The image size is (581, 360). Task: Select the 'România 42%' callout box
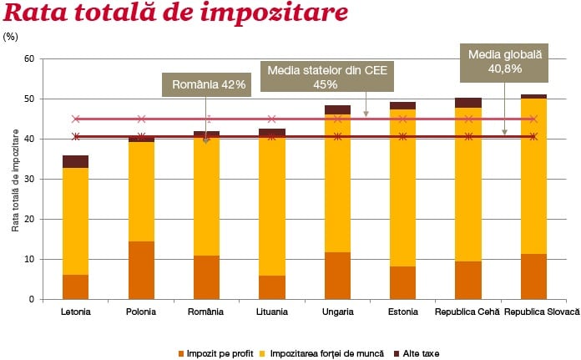click(205, 84)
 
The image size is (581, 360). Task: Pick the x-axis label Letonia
click(76, 312)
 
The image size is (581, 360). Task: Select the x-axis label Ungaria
click(337, 312)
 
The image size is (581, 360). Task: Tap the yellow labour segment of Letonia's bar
click(76, 221)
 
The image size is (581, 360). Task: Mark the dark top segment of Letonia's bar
click(76, 161)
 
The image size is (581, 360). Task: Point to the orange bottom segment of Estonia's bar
click(402, 282)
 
